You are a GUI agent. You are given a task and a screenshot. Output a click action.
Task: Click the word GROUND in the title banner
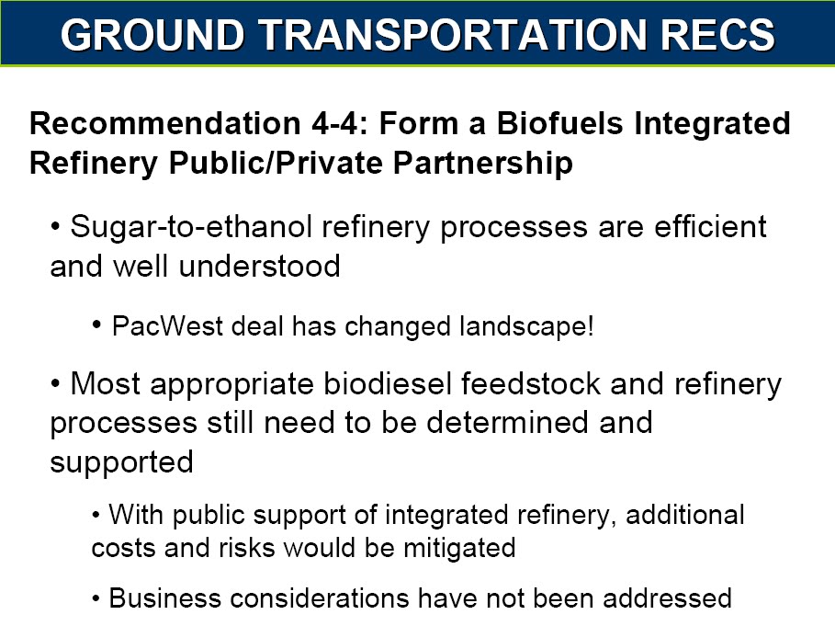(x=152, y=35)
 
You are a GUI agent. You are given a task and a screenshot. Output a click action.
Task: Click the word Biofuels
(x=559, y=123)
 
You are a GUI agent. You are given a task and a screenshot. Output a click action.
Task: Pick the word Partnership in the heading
(x=483, y=163)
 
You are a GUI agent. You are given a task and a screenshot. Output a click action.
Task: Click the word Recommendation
(x=164, y=123)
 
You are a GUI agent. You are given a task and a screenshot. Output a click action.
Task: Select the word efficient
(x=710, y=226)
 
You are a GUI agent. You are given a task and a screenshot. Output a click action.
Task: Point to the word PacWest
(x=167, y=326)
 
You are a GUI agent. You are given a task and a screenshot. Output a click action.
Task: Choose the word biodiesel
(x=388, y=383)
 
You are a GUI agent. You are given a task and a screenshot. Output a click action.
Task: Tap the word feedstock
(x=530, y=383)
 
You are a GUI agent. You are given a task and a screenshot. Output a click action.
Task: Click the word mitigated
(x=459, y=548)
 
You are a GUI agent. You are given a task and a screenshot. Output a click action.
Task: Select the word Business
(x=164, y=598)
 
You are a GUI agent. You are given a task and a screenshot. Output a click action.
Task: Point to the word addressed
(x=667, y=598)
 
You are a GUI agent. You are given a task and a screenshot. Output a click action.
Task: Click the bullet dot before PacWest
(x=97, y=324)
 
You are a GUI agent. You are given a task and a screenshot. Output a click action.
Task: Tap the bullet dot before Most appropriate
(x=55, y=383)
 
